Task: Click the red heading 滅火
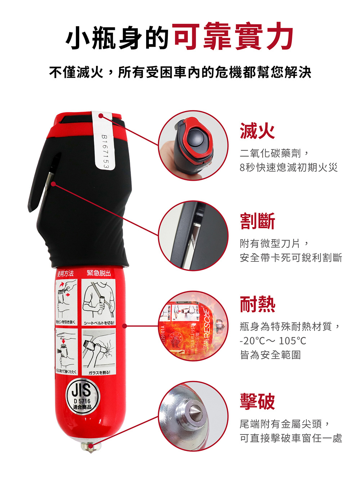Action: click(x=257, y=131)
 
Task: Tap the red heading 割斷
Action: click(x=257, y=221)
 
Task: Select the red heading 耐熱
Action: click(x=257, y=305)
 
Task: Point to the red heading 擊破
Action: click(x=257, y=401)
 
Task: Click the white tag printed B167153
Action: click(x=104, y=140)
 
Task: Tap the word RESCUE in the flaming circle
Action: click(x=207, y=324)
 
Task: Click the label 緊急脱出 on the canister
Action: click(x=98, y=273)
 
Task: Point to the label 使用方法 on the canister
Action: click(x=66, y=274)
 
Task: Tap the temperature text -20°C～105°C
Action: click(x=273, y=341)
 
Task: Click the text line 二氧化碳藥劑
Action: click(x=274, y=153)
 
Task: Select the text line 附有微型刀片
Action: click(x=274, y=244)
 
